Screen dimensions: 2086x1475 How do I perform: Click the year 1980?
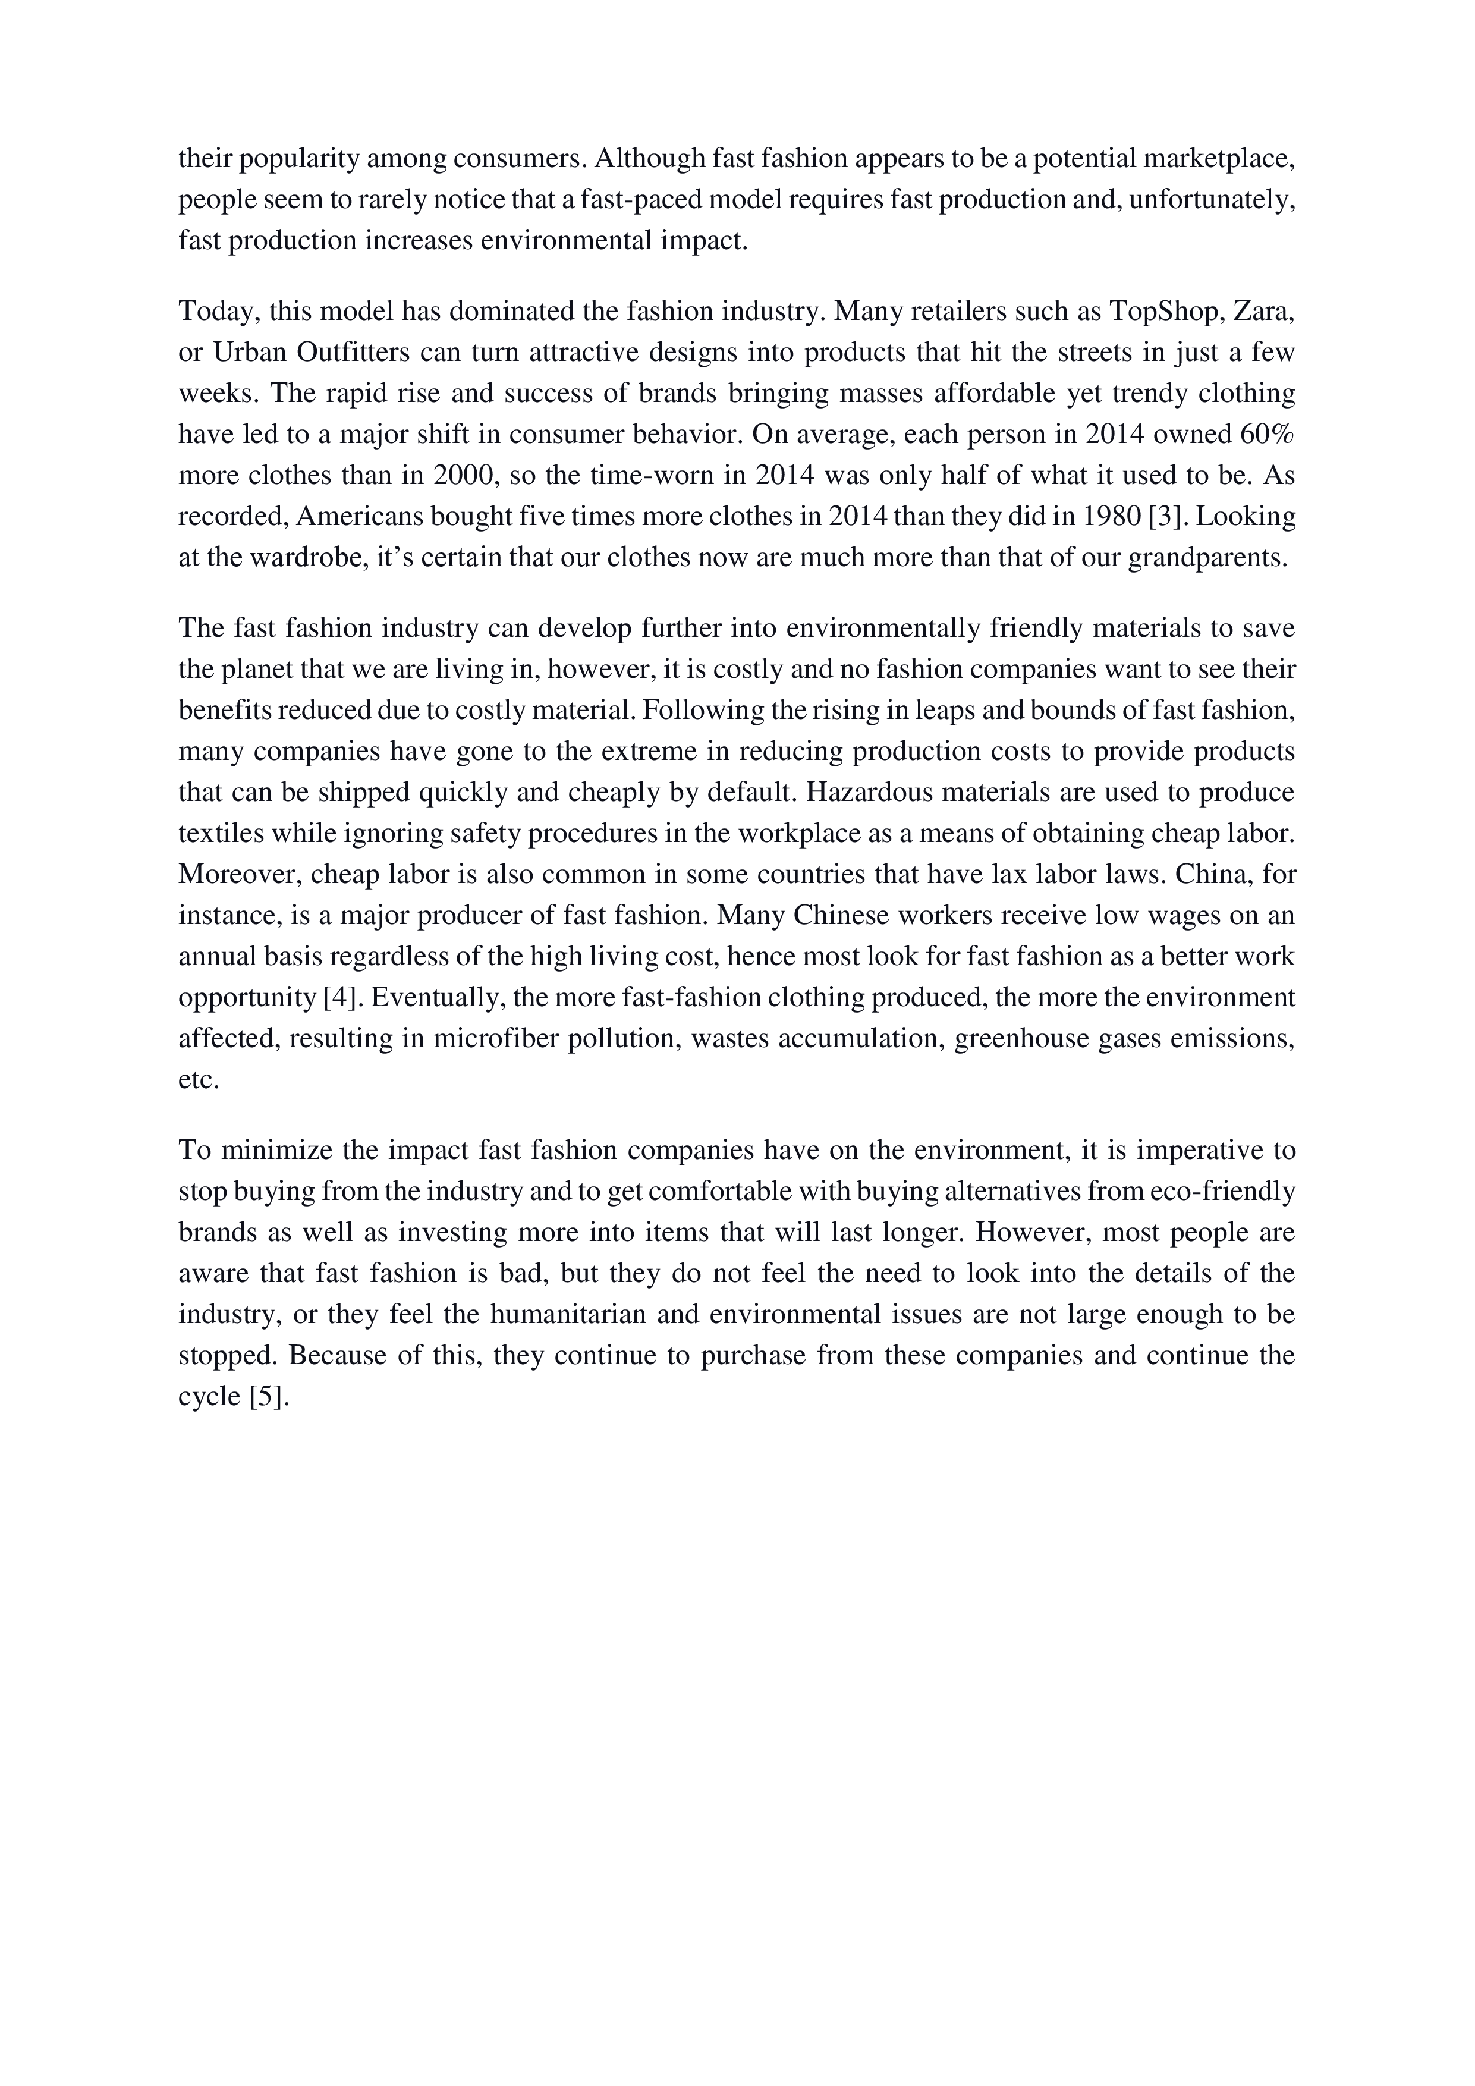click(1112, 516)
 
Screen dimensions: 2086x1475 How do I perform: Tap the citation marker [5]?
click(268, 1396)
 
